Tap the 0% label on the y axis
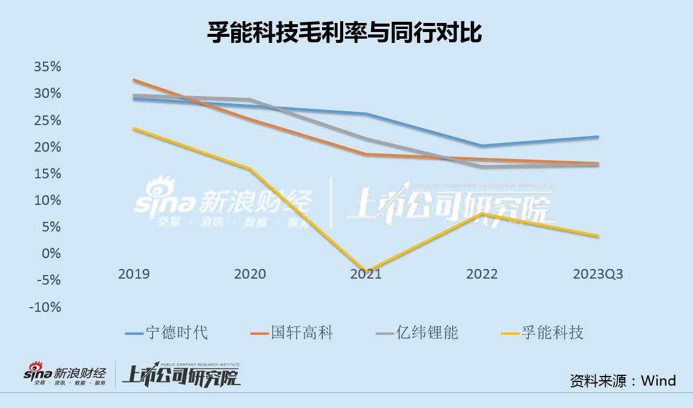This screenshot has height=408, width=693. tap(51, 253)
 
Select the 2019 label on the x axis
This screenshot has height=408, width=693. tap(134, 274)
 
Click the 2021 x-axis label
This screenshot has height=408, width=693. tap(366, 274)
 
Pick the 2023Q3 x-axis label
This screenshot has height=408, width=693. tap(598, 274)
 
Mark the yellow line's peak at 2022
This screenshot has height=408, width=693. tap(482, 213)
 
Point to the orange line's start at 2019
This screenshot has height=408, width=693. tap(134, 80)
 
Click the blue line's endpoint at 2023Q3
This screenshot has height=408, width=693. tap(598, 137)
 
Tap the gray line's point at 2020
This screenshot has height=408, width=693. tap(250, 100)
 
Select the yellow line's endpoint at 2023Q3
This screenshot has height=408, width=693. tap(598, 236)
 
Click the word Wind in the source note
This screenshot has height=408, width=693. tap(659, 380)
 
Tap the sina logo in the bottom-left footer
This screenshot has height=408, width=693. tap(38, 372)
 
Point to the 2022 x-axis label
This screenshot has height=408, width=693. tap(482, 274)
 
